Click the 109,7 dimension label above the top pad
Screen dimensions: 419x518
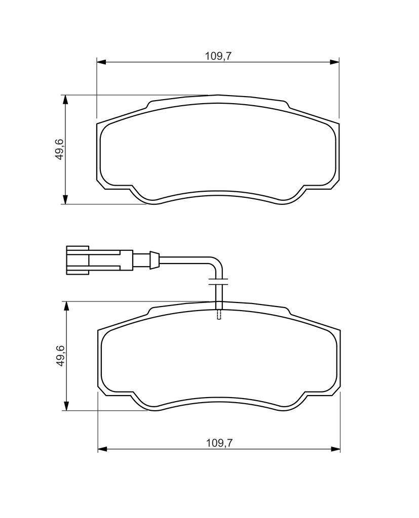[x=218, y=56]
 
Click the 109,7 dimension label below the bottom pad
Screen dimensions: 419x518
[x=219, y=443]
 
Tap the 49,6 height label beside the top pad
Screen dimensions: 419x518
[x=60, y=150]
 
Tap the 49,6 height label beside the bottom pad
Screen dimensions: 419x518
[x=60, y=356]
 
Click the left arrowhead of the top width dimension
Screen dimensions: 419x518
[x=101, y=62]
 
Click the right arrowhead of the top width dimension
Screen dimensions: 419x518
[x=334, y=62]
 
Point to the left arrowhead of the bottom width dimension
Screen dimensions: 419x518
[x=102, y=449]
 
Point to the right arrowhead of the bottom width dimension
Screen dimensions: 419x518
[x=335, y=449]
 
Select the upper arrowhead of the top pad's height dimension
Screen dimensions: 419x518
[x=65, y=100]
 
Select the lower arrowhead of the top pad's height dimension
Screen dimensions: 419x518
[x=65, y=199]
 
